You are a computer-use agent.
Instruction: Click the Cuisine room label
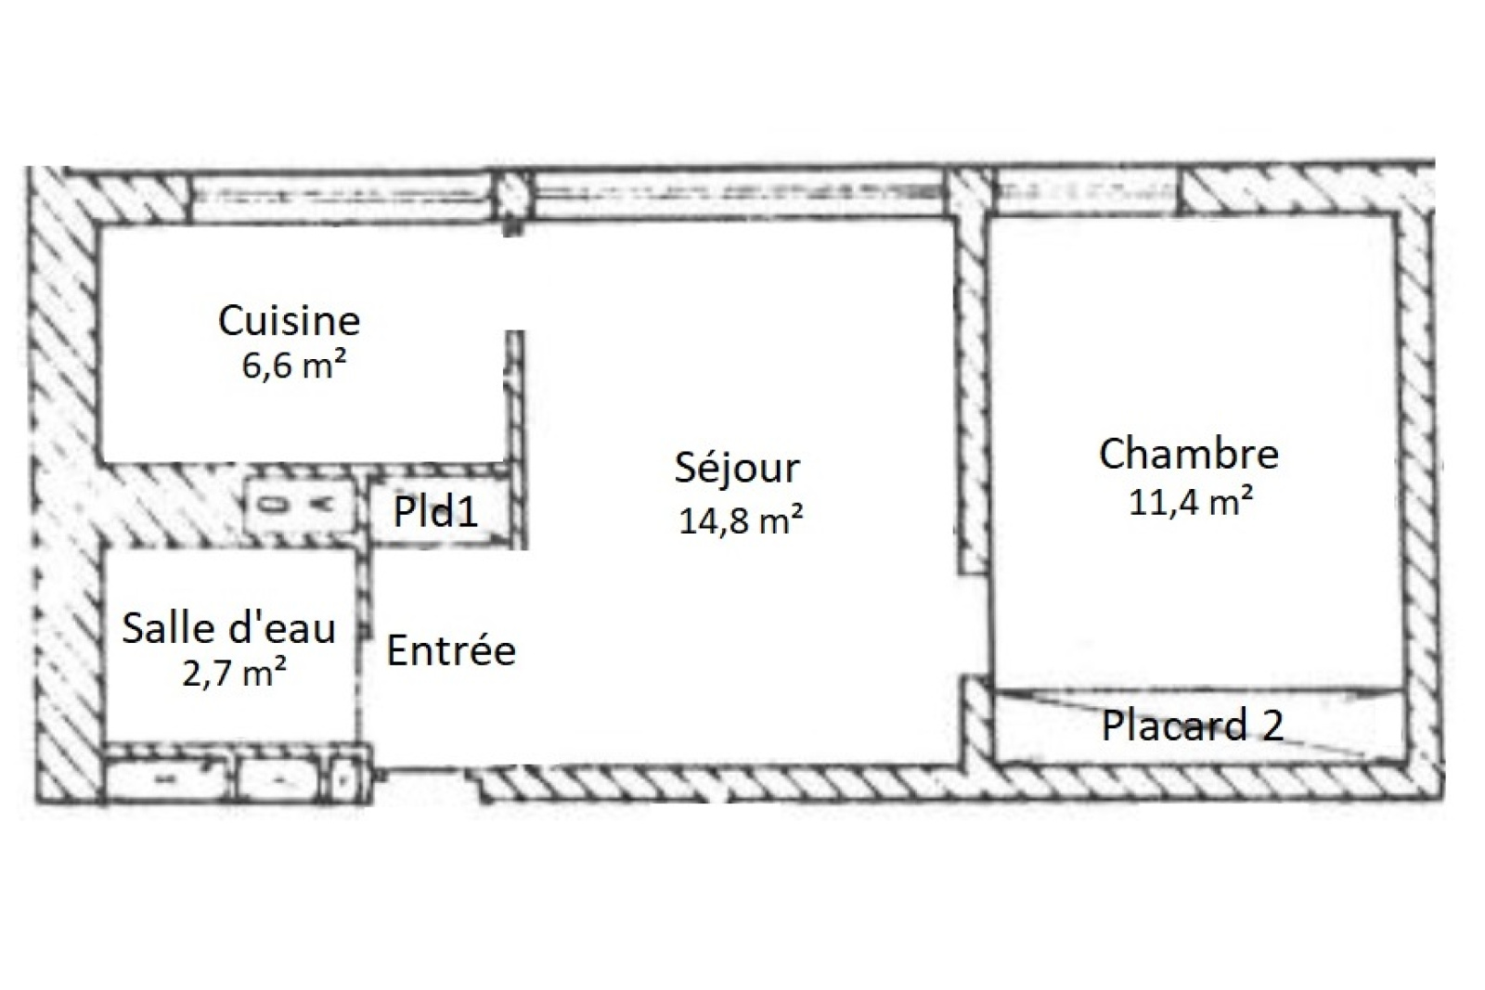[289, 321]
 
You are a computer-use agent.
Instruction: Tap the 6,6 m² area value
[293, 365]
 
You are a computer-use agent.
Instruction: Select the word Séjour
[737, 469]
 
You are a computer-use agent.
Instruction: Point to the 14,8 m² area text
[741, 520]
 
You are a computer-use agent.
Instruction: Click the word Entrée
[451, 650]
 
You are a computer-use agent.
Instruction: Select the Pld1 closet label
[435, 511]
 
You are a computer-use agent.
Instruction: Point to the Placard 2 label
[1193, 725]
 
